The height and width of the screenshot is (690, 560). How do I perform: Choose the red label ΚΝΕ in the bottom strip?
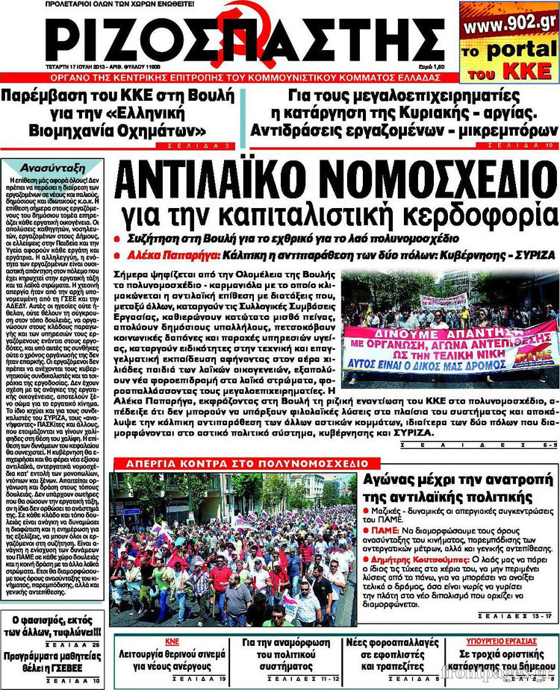click(171, 641)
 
